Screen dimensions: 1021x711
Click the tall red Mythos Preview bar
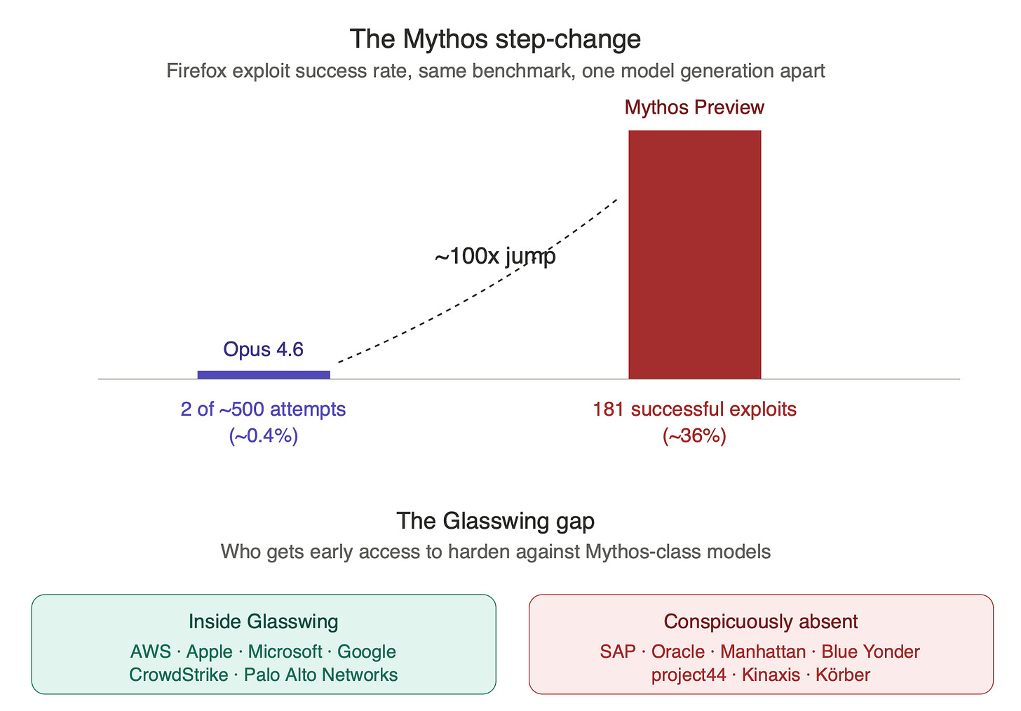click(x=695, y=255)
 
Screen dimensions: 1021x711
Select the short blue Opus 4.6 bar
click(x=264, y=374)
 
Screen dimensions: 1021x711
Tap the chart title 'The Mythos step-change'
click(x=495, y=39)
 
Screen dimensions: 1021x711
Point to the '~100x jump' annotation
click(x=495, y=256)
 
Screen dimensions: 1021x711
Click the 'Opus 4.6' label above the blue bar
click(x=263, y=350)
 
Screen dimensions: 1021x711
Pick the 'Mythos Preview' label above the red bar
click(x=694, y=107)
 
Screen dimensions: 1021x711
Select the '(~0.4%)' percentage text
click(x=264, y=435)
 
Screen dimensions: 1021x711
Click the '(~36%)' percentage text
click(x=694, y=435)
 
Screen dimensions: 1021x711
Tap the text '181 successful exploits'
click(x=694, y=409)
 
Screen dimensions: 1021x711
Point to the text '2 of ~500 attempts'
click(x=263, y=409)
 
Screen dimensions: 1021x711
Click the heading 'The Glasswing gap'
click(x=496, y=521)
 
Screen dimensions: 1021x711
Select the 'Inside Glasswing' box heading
click(x=264, y=622)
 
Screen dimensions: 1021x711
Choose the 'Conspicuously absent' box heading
click(x=761, y=622)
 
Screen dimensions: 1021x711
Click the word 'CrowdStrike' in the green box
click(x=179, y=675)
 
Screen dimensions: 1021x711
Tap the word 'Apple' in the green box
click(x=209, y=652)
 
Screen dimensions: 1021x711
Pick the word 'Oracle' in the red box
click(x=678, y=652)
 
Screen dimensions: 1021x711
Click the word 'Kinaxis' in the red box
click(x=771, y=675)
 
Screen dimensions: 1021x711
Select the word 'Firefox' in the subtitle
click(x=196, y=71)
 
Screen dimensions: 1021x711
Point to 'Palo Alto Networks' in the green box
click(x=321, y=675)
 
